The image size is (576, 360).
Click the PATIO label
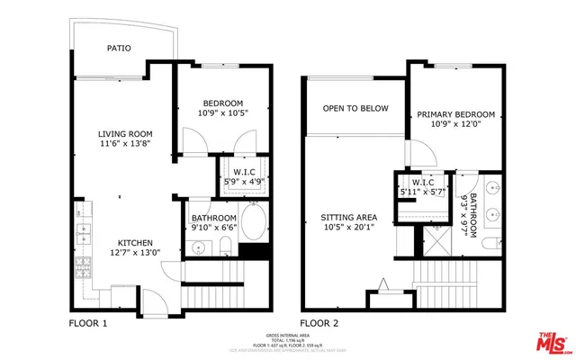120,49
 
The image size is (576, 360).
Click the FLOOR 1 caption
88,321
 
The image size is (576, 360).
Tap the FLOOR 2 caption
319,321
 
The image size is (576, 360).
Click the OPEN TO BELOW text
355,109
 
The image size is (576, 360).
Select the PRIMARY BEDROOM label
454,114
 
